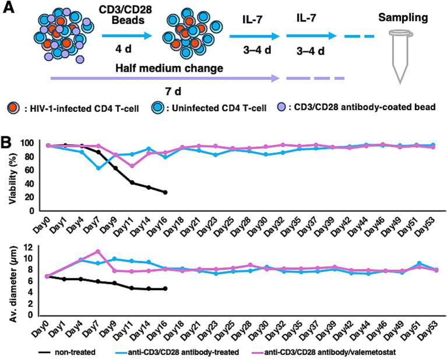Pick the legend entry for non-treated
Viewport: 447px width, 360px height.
point(70,352)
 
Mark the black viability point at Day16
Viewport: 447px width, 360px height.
point(166,192)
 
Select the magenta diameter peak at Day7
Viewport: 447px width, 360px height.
point(98,252)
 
